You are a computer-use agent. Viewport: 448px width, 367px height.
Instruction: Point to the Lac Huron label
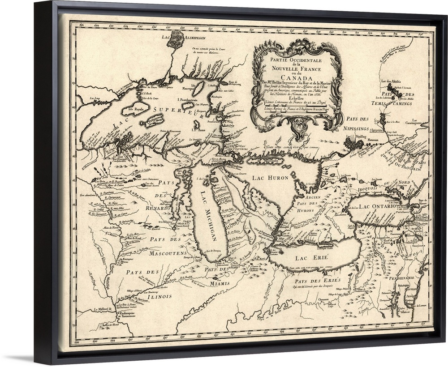coord(269,177)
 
